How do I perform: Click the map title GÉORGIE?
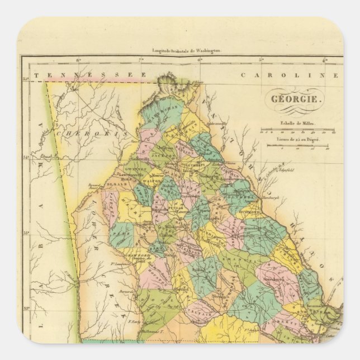[x=296, y=100]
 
